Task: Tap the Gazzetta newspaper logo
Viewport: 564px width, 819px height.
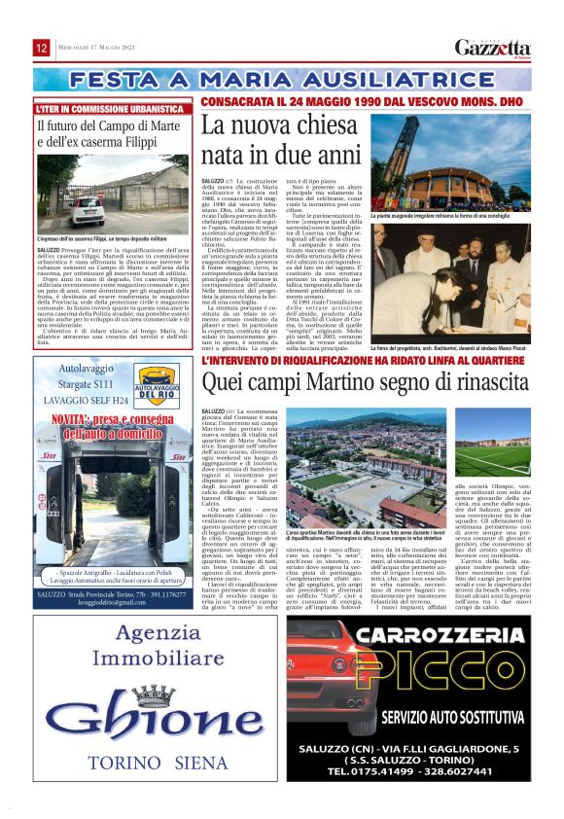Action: click(x=493, y=49)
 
